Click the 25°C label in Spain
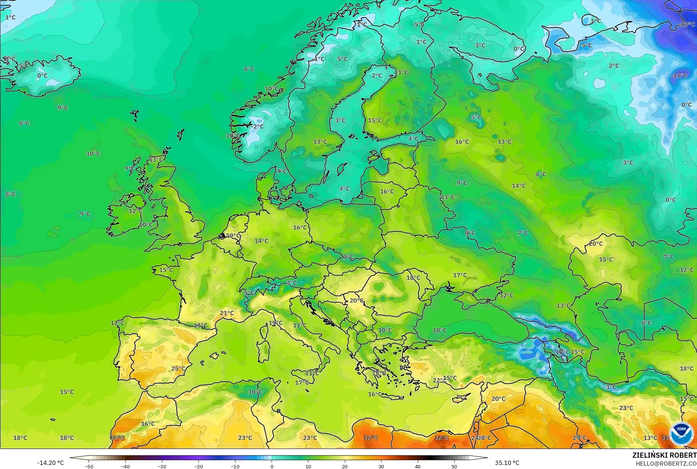pos(178,368)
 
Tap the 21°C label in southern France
pos(227,313)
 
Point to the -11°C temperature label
pos(679,75)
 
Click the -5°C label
pos(585,46)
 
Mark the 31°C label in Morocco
pos(117,438)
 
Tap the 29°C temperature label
pos(579,438)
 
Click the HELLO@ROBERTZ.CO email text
pos(666,464)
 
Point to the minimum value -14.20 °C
pos(50,463)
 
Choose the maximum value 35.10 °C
pos(507,463)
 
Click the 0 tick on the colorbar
pos(272,466)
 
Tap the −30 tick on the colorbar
pos(161,466)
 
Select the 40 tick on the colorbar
pos(418,466)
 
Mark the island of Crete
pos(396,395)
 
